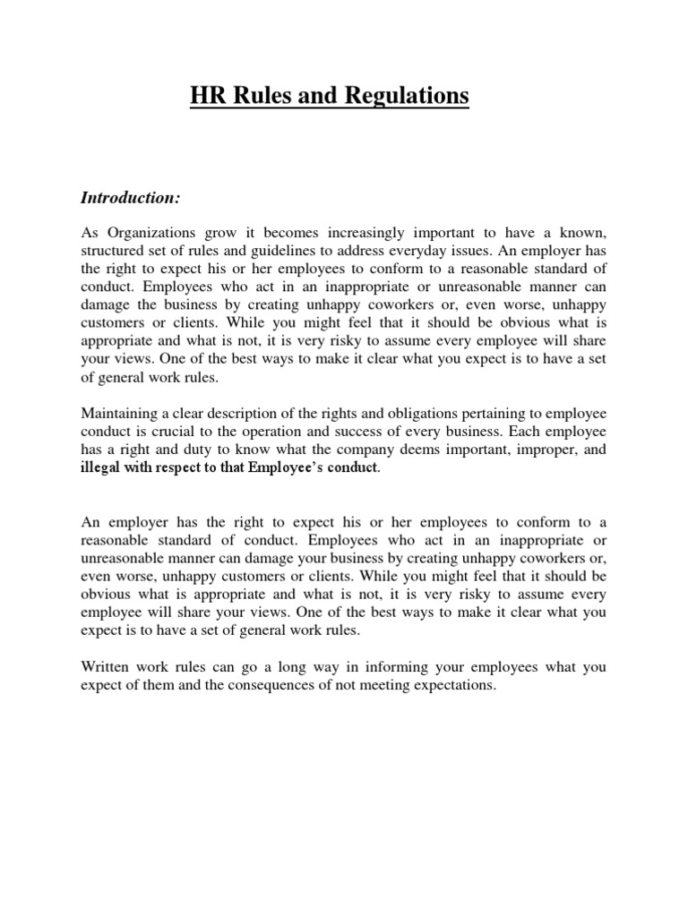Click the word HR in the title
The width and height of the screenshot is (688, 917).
tap(205, 96)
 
